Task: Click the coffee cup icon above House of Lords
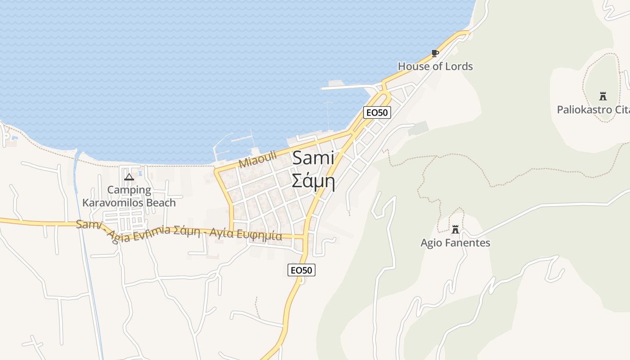point(435,53)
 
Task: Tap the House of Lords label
point(435,67)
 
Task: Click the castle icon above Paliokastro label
point(603,96)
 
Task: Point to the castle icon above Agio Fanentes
point(455,229)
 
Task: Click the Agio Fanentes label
point(455,243)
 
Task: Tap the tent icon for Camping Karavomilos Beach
point(129,177)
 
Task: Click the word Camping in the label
point(129,190)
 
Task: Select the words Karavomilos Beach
point(129,203)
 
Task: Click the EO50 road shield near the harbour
point(377,112)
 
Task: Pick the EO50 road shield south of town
point(301,270)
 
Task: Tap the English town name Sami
point(313,158)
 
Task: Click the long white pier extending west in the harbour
point(346,87)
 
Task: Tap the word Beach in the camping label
point(161,203)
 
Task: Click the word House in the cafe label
point(414,67)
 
